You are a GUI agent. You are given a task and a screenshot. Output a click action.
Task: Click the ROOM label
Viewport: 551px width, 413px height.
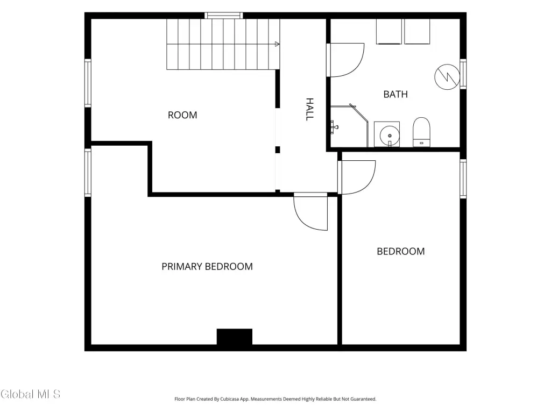[182, 115]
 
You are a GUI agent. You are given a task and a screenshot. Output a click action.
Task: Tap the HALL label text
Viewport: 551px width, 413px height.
[309, 110]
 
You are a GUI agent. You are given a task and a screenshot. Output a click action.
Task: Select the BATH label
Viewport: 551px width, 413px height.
[395, 95]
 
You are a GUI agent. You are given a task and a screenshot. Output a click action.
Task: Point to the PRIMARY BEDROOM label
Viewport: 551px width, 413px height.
[207, 267]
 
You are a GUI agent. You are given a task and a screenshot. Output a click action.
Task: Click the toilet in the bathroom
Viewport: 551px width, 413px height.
[421, 132]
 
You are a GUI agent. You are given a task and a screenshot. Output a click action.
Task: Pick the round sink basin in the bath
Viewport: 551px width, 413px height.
[390, 135]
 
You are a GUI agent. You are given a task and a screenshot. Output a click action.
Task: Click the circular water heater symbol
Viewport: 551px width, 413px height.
[447, 77]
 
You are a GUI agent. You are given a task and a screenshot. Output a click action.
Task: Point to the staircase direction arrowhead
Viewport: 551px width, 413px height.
[277, 44]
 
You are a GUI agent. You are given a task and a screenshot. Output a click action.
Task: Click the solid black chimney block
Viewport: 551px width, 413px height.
[235, 337]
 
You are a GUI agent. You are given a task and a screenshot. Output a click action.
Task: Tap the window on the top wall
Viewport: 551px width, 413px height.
[224, 16]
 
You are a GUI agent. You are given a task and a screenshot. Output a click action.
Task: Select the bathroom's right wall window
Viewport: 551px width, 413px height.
[463, 74]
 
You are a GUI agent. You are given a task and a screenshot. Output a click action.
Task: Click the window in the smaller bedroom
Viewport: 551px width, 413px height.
[463, 179]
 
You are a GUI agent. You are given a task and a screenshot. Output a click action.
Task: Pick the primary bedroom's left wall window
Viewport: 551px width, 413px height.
[88, 173]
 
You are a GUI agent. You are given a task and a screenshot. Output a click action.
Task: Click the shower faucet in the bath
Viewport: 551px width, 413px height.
[334, 127]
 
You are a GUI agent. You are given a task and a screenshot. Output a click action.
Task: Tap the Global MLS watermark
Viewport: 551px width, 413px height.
[31, 394]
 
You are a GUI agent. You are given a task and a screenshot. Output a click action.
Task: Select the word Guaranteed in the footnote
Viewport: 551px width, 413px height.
[364, 399]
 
